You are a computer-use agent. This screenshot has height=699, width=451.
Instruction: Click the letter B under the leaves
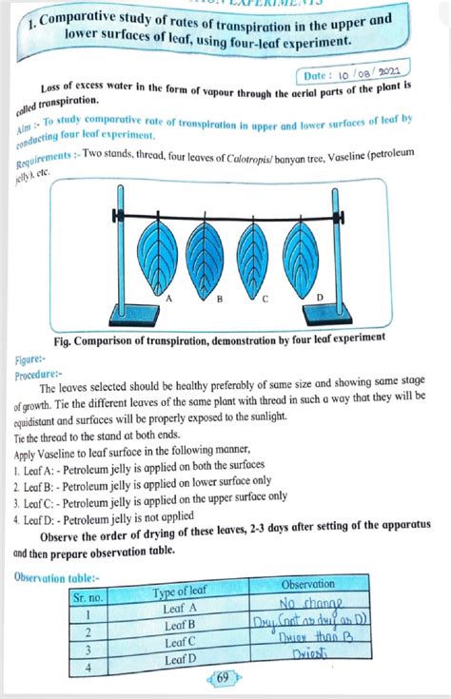pyautogui.click(x=219, y=300)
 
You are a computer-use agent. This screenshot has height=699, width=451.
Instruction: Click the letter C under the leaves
pyautogui.click(x=265, y=300)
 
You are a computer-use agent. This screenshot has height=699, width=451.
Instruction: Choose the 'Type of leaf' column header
pyautogui.click(x=181, y=594)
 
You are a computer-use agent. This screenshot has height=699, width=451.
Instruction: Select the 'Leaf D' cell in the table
pyautogui.click(x=180, y=658)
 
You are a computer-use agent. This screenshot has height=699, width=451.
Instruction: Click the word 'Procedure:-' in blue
pyautogui.click(x=38, y=375)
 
